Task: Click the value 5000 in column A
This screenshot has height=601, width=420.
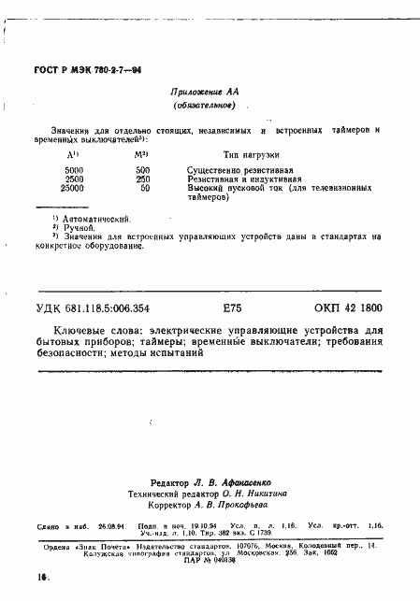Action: (74, 170)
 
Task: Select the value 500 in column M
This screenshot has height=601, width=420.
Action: (142, 170)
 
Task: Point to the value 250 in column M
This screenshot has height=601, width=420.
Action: (142, 179)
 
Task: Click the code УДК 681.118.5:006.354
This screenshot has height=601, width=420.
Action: (113, 308)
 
